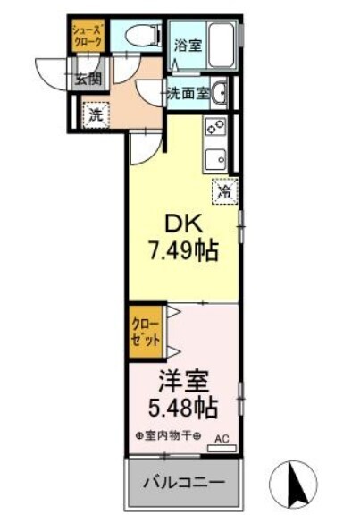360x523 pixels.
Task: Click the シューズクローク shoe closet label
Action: [x=88, y=36]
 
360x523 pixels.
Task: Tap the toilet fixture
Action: [x=143, y=35]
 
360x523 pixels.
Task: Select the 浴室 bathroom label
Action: [x=188, y=46]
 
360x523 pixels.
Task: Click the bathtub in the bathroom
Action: [x=221, y=45]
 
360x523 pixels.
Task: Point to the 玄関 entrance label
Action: [x=88, y=79]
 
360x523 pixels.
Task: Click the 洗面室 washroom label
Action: [x=188, y=94]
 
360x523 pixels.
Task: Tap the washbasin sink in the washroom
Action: [x=220, y=92]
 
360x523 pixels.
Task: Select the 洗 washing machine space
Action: [x=96, y=115]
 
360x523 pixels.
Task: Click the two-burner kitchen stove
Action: [x=215, y=126]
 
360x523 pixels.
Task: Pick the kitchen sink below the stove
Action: [x=215, y=159]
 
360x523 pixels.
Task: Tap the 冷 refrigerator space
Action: [x=225, y=190]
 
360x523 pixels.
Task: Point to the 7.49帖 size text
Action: [x=184, y=251]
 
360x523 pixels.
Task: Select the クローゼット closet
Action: [x=146, y=331]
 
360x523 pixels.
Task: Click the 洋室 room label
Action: [x=184, y=383]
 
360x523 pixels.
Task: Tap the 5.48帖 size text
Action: [x=183, y=408]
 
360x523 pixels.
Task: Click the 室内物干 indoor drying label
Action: [x=169, y=435]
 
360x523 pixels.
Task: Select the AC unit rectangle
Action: [x=222, y=448]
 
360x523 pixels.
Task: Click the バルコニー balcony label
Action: [x=184, y=483]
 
